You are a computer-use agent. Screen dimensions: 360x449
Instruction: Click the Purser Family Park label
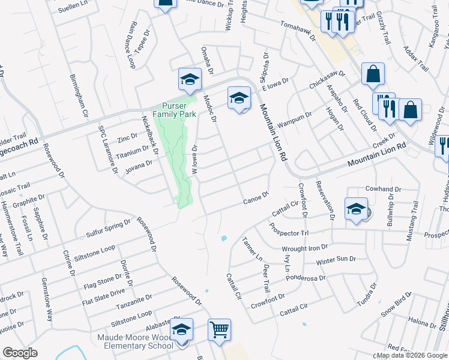coord(174,109)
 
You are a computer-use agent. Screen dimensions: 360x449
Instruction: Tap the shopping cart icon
coord(219,329)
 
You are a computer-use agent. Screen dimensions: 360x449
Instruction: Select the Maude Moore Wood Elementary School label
coord(135,341)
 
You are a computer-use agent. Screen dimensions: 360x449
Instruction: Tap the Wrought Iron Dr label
coord(305,247)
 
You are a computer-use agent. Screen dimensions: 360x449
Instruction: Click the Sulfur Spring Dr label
coord(109,225)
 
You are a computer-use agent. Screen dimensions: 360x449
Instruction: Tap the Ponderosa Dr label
coord(306,278)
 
